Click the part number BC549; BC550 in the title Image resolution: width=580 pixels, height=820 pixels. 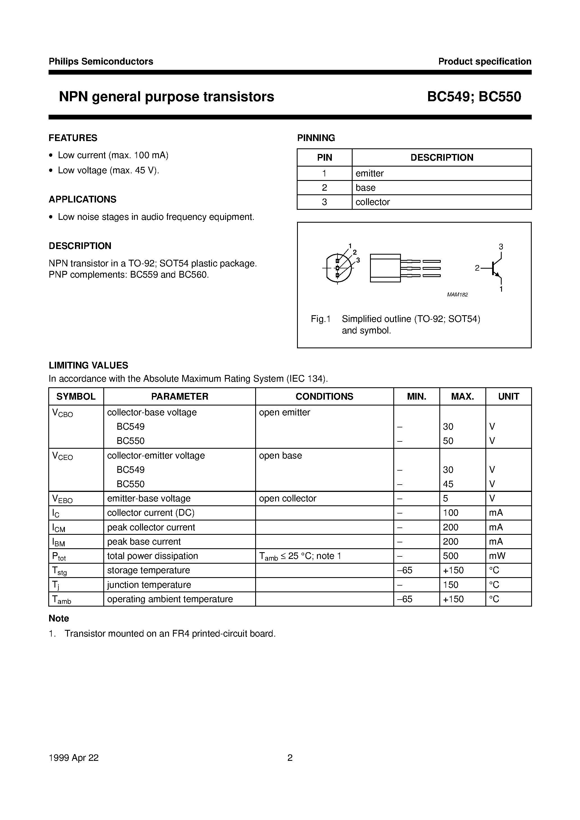point(474,97)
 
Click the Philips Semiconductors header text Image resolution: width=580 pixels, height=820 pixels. point(101,61)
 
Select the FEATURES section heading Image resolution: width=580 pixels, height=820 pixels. point(73,138)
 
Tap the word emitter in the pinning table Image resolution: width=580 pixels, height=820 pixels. point(369,174)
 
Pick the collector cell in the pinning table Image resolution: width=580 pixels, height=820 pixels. point(372,202)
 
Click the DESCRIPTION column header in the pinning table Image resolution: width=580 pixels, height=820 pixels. point(442,158)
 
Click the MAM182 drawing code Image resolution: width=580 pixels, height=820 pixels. point(457,295)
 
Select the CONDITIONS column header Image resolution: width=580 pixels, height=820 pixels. point(324,397)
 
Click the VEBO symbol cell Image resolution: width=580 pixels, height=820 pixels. point(63,499)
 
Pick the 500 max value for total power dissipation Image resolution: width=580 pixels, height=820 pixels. point(451,556)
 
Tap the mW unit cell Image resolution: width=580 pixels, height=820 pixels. point(497,556)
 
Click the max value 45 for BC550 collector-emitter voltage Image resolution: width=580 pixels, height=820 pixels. point(448,484)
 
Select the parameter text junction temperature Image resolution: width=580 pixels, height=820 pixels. point(149,585)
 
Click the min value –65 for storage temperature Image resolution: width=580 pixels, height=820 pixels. point(405,570)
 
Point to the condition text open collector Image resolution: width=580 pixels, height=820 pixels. point(287,499)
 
